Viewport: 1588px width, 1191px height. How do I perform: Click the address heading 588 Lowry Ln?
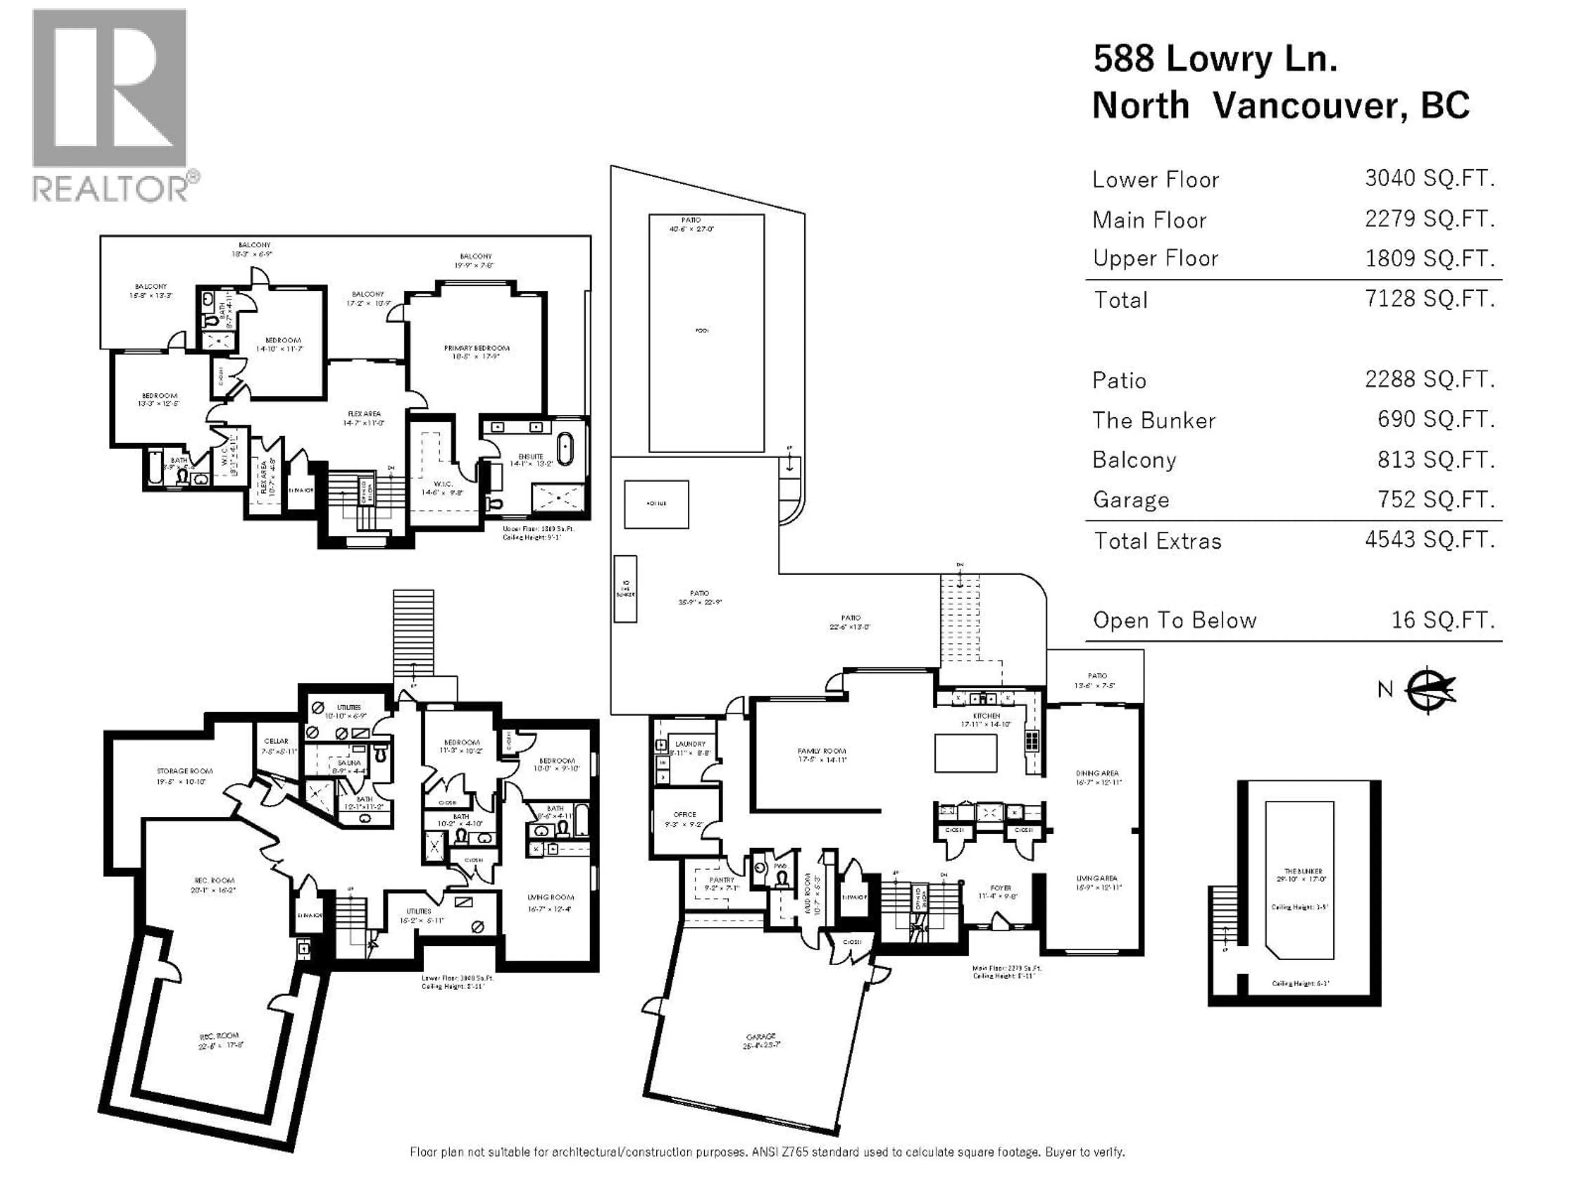1215,59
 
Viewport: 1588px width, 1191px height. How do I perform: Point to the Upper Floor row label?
1155,258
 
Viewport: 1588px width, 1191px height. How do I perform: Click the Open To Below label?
1174,620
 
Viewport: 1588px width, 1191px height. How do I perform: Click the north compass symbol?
1429,690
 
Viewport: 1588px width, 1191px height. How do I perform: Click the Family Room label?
821,751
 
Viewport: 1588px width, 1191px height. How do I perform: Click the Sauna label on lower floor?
349,763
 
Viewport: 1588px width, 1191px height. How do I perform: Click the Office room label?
685,815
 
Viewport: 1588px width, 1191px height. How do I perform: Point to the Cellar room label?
276,741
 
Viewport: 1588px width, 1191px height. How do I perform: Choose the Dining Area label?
1097,773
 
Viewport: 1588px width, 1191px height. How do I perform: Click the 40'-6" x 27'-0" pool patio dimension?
691,229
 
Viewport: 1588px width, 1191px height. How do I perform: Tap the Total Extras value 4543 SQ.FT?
1429,540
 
